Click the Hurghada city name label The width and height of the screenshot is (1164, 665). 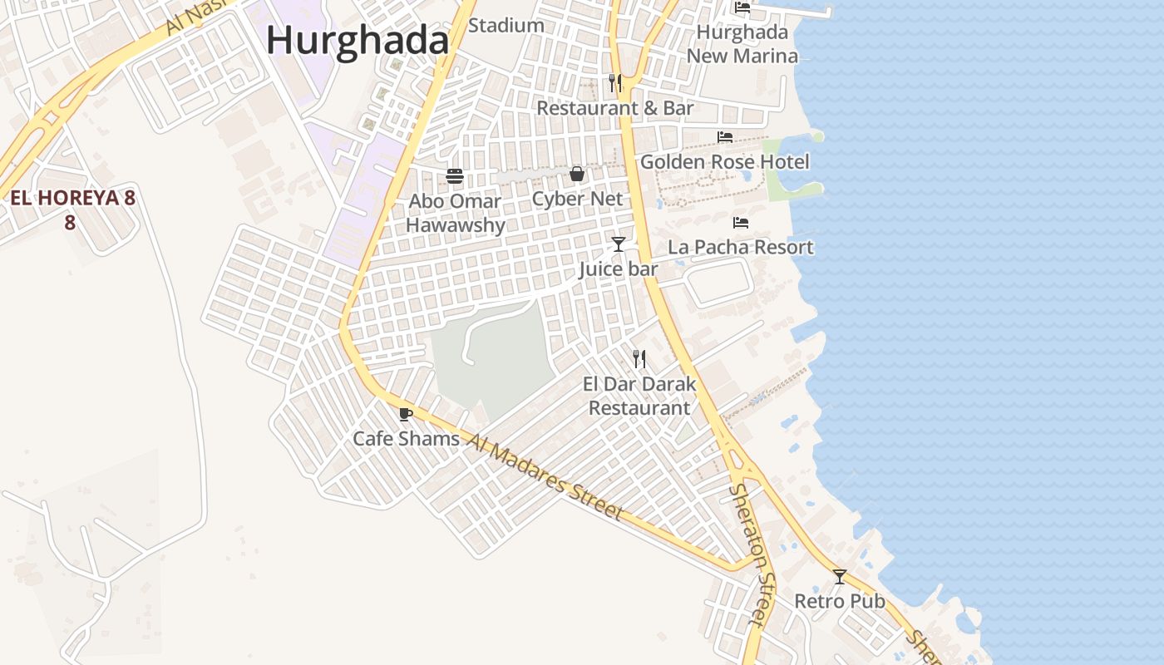click(x=358, y=40)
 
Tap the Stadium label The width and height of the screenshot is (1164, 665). click(x=506, y=26)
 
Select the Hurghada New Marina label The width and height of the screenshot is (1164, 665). click(x=742, y=44)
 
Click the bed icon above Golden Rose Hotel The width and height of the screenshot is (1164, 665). click(x=725, y=137)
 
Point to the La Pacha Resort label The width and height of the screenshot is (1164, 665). click(x=741, y=247)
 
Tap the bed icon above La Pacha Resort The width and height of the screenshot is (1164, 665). click(x=741, y=223)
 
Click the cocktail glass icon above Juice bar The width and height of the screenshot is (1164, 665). click(x=619, y=244)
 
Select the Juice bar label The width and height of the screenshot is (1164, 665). click(x=619, y=268)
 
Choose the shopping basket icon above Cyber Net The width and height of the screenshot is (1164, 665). click(x=577, y=175)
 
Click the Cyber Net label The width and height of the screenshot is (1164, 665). click(x=577, y=199)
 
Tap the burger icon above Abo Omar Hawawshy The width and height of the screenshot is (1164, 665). click(x=455, y=176)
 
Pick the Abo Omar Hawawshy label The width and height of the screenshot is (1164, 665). click(x=455, y=213)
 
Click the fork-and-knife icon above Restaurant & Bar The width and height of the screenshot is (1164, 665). click(x=615, y=83)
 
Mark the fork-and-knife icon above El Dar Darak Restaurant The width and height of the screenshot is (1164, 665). click(x=639, y=359)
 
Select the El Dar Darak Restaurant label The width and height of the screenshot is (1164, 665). click(x=639, y=396)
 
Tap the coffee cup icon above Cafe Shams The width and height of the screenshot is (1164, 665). click(x=406, y=414)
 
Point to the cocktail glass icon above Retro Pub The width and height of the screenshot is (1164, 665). click(x=840, y=577)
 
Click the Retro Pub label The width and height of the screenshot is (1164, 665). click(x=840, y=601)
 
